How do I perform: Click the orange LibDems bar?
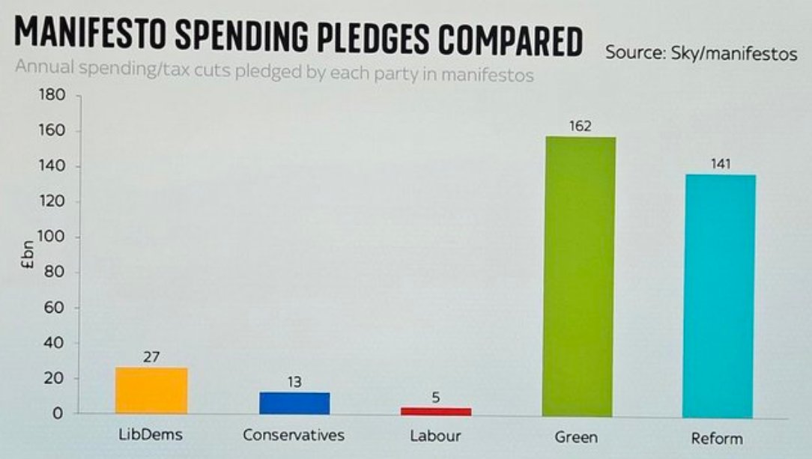(x=151, y=390)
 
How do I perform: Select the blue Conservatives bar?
(x=294, y=403)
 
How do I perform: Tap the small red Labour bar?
(x=436, y=411)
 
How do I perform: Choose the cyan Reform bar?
(x=719, y=296)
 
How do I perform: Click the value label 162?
(x=580, y=127)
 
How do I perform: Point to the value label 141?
(x=720, y=165)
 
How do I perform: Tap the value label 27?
(x=151, y=357)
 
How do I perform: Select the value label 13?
(x=294, y=383)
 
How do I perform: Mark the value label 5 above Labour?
(x=436, y=398)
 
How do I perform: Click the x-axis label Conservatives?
(x=294, y=435)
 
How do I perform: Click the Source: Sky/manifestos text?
(x=701, y=54)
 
